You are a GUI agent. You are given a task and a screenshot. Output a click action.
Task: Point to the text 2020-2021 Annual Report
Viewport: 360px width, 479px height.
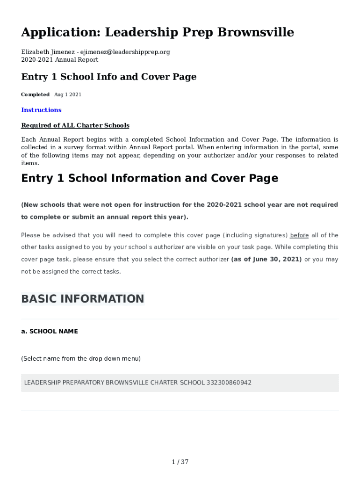[x=60, y=59]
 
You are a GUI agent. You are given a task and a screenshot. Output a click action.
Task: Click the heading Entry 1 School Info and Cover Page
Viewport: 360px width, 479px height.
[x=108, y=77]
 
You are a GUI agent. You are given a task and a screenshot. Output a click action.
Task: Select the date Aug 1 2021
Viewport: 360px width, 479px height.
[x=68, y=94]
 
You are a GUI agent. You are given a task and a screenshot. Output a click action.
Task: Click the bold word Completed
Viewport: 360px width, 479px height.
[x=35, y=94]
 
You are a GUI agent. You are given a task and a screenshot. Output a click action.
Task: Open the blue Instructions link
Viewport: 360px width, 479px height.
[x=41, y=110]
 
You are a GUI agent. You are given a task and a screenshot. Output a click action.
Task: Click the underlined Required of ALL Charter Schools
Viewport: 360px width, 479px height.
[x=75, y=125]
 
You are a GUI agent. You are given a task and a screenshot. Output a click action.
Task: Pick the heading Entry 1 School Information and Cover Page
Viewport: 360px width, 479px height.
[x=150, y=178]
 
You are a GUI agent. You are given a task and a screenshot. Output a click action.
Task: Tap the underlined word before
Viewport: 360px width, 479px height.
[x=299, y=235]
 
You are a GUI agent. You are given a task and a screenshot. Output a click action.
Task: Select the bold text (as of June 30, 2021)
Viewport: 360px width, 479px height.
[x=266, y=259]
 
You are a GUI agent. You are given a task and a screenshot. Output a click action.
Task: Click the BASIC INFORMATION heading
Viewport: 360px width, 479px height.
[x=82, y=299]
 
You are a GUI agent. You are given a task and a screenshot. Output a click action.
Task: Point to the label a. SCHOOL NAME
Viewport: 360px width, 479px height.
[x=50, y=331]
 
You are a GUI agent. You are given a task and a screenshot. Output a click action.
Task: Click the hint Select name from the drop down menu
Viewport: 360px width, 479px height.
[x=80, y=359]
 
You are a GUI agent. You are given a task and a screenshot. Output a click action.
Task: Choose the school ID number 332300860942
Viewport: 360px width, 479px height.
[x=229, y=383]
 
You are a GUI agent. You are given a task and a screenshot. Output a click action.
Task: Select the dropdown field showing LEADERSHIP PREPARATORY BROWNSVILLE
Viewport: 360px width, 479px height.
[x=180, y=383]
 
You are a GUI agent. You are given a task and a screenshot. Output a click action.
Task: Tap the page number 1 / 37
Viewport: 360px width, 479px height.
[x=180, y=462]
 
